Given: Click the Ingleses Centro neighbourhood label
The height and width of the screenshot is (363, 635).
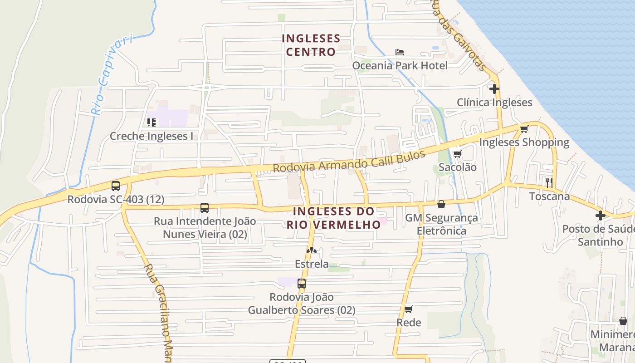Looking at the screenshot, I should [x=311, y=45].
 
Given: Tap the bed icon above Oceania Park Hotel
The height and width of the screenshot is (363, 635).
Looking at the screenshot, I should [x=399, y=52].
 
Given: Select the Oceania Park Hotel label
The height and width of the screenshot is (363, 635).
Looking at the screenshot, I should [x=400, y=65].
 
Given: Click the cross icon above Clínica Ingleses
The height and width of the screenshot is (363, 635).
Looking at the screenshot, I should [x=494, y=89].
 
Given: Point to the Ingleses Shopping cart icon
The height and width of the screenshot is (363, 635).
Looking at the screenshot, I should [x=524, y=129].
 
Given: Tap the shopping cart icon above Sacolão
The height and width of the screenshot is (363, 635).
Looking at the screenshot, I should [x=457, y=154].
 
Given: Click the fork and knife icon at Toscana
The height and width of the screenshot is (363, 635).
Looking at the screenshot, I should [x=549, y=183].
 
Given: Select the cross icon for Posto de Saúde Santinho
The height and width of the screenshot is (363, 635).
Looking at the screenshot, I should [x=601, y=216].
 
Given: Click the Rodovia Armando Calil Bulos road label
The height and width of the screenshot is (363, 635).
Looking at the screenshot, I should [x=349, y=161].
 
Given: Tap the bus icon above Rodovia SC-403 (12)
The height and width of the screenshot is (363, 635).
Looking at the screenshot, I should [x=116, y=186].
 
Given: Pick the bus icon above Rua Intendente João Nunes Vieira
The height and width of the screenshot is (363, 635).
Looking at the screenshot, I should [x=205, y=208].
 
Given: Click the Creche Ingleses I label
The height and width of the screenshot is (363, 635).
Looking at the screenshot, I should [x=151, y=136].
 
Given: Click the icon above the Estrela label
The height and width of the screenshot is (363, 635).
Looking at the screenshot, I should [x=311, y=250].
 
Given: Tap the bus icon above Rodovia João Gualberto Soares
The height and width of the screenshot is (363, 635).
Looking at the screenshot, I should [x=302, y=284].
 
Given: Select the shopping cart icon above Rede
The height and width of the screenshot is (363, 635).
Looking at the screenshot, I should [x=409, y=309].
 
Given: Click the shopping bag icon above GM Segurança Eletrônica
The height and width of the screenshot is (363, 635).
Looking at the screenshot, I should [x=441, y=204].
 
